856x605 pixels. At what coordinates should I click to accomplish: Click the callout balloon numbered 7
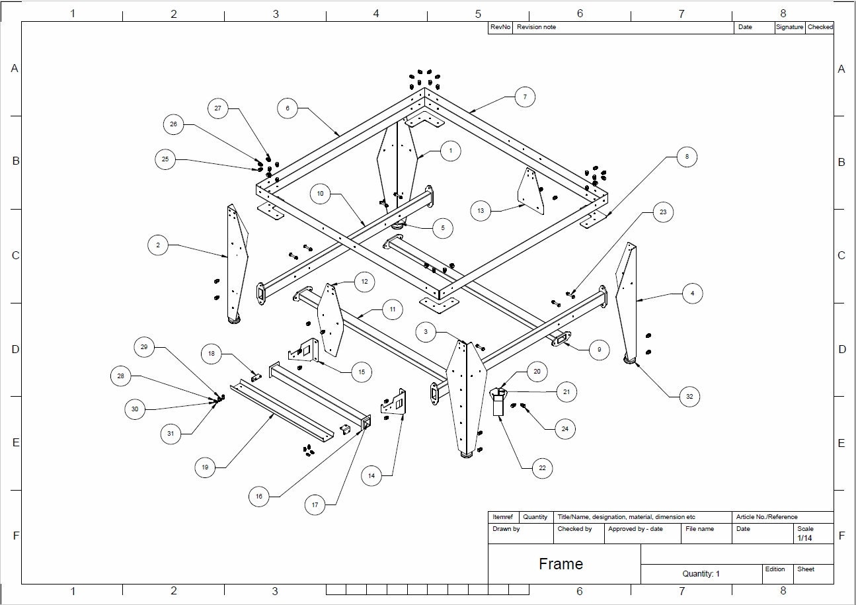524,97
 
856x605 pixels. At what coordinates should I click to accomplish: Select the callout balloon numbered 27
217,108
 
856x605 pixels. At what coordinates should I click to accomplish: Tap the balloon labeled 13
481,211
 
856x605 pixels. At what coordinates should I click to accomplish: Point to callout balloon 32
689,397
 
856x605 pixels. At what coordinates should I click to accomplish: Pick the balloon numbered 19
205,467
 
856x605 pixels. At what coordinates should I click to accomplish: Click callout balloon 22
542,468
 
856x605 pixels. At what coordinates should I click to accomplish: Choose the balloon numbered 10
320,194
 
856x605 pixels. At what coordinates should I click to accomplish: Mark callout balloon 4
692,292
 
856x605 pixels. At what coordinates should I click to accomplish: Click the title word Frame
561,564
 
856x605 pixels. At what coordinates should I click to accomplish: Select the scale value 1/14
804,538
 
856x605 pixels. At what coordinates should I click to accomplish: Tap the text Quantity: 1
701,574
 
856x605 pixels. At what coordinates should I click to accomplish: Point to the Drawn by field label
506,529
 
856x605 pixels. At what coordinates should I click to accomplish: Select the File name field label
699,529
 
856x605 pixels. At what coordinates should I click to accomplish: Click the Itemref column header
502,517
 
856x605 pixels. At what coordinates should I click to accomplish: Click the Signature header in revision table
789,27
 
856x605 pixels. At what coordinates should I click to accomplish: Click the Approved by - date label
635,529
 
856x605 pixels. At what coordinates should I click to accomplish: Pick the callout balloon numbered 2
158,245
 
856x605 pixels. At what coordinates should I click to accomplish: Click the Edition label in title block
775,569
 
